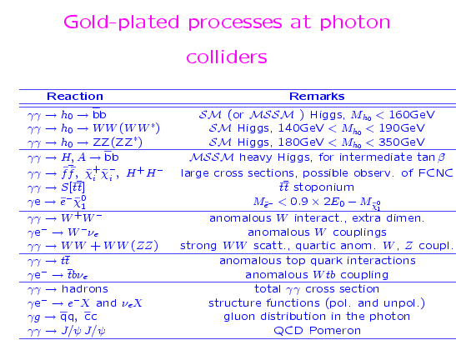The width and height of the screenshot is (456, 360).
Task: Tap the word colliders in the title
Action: click(227, 57)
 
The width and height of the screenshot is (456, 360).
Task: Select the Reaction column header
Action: click(75, 97)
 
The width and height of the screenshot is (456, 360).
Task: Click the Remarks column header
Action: click(317, 97)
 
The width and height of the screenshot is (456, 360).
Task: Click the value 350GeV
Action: click(402, 142)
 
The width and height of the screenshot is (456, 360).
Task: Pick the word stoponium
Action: click(323, 187)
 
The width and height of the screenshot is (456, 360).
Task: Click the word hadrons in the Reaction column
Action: click(85, 289)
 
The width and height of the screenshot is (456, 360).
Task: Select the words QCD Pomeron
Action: click(318, 331)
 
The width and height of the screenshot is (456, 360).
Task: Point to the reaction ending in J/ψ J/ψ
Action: click(67, 331)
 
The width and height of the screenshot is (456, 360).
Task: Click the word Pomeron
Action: click(335, 331)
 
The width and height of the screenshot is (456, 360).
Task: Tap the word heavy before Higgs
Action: click(256, 157)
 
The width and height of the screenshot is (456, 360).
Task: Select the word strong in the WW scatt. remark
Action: click(198, 246)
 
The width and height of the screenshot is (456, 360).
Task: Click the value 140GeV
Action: click(301, 128)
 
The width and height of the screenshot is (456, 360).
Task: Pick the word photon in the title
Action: click(355, 22)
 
